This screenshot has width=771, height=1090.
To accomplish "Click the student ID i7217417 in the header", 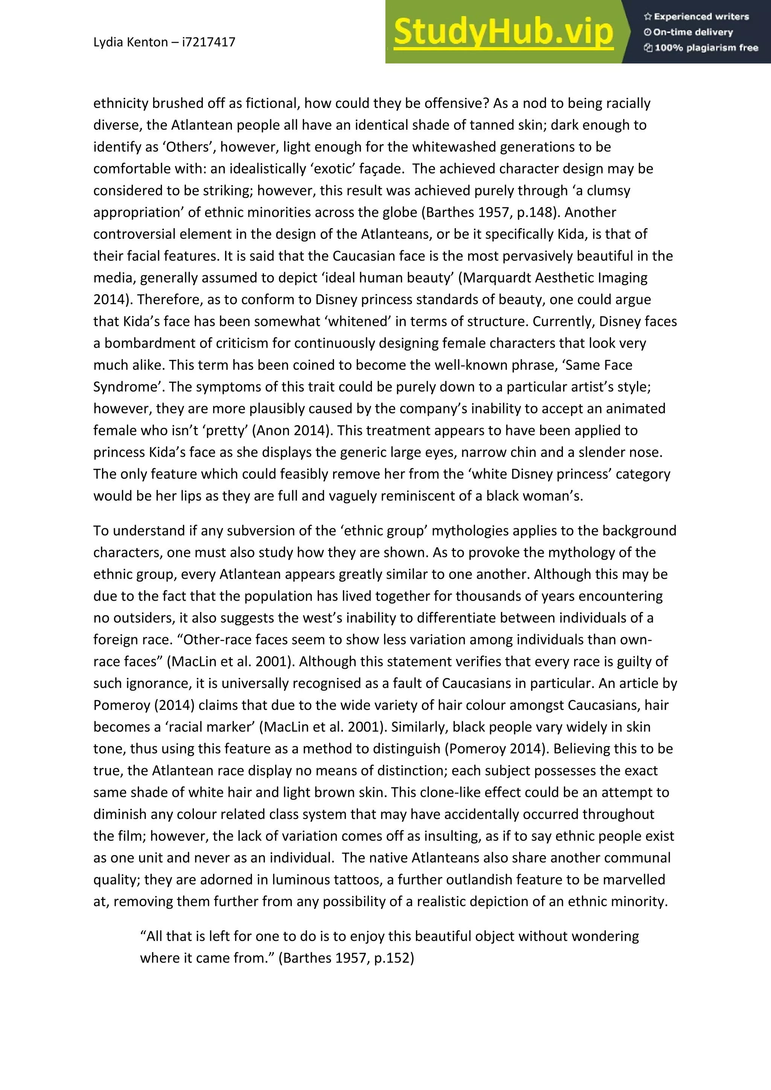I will tap(209, 42).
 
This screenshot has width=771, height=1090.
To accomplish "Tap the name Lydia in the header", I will tap(107, 42).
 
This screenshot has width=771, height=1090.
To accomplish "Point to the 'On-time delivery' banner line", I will tap(693, 32).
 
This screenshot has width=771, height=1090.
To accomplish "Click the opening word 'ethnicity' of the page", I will tap(120, 104).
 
